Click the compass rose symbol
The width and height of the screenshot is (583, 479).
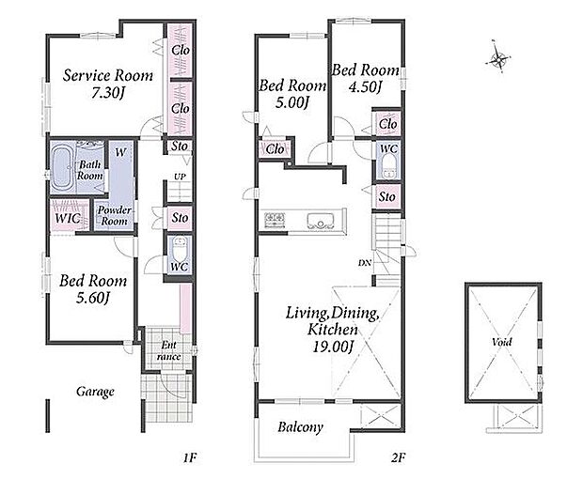pos(497,58)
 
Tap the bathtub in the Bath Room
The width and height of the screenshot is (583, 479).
pos(63,167)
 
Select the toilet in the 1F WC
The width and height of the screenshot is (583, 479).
pos(180,249)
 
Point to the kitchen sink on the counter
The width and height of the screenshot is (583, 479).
pos(321,221)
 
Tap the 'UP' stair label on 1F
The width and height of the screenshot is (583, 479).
pos(180,177)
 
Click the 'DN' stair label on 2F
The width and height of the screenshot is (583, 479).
pos(365,263)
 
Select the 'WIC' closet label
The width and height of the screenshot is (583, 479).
pos(68,218)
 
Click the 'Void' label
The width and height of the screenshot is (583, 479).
pos(501,342)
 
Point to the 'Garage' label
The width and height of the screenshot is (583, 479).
pos(95,392)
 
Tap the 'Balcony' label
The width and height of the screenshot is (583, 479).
pos(300,427)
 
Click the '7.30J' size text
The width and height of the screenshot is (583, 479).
pos(108,93)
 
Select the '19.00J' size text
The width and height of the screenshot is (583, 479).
pos(333,347)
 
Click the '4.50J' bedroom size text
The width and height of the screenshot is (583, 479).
pos(365,86)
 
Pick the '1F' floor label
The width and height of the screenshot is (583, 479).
pos(189,457)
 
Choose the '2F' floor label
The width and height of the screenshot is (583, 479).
pos(398,457)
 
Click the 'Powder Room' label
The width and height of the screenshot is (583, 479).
pos(114,215)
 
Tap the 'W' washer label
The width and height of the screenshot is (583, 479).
pos(120,152)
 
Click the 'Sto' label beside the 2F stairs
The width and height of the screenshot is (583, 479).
pos(386,196)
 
